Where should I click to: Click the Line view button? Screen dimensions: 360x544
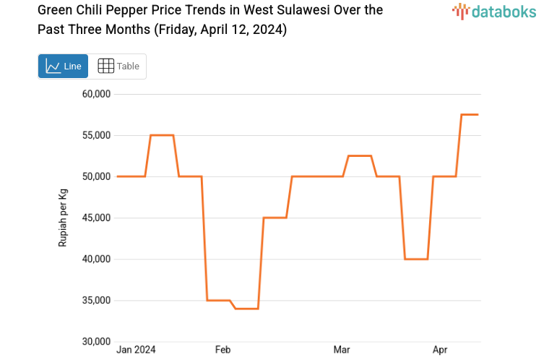pos(63,66)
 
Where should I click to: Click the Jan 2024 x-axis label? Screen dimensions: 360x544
pos(136,351)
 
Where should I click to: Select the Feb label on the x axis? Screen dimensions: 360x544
pos(223,351)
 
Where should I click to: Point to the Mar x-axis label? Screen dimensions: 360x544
pos(342,351)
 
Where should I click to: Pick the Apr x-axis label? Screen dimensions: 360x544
pos(440,351)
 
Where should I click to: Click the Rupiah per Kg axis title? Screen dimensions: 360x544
pos(63,218)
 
